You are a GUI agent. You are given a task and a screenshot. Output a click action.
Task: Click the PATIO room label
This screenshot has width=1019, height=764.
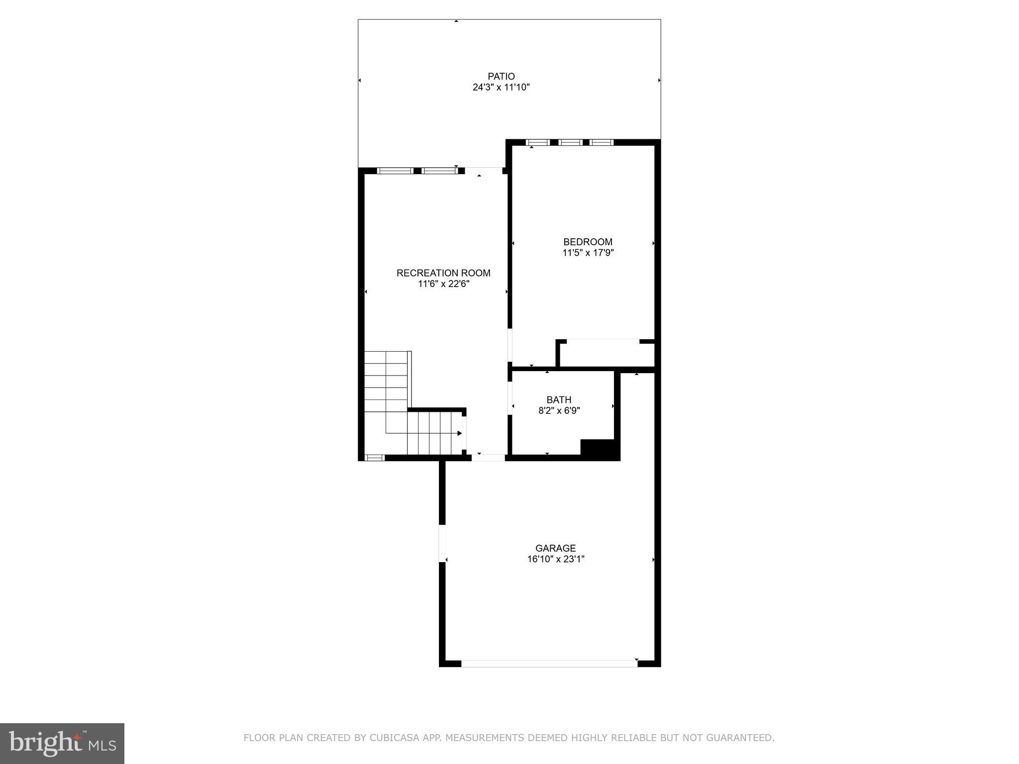click(501, 76)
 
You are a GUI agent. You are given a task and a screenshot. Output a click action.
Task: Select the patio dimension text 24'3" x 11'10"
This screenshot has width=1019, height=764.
click(501, 88)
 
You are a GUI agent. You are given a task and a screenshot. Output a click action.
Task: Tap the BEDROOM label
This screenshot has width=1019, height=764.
click(588, 242)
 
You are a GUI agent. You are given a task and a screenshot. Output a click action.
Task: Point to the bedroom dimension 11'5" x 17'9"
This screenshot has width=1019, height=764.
click(588, 253)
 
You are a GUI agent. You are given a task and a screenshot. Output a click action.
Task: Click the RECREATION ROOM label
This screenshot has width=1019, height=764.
click(443, 273)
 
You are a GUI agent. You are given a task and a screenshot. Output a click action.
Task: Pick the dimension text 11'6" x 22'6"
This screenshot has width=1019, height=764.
click(443, 284)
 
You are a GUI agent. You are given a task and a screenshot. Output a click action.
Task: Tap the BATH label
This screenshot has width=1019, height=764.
click(559, 400)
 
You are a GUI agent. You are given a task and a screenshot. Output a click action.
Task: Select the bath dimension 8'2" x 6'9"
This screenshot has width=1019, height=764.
click(559, 411)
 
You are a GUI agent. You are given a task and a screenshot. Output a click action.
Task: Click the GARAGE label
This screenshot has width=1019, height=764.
click(556, 548)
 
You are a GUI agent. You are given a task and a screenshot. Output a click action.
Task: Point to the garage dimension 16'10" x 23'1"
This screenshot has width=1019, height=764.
click(556, 559)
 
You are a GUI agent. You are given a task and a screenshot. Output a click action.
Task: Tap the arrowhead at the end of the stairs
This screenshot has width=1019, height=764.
click(459, 433)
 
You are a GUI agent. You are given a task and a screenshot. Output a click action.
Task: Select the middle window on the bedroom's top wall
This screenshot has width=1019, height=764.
click(570, 143)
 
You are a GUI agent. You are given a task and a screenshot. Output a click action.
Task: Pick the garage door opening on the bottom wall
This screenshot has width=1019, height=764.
click(549, 663)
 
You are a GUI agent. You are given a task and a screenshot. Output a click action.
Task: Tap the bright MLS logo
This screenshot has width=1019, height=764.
click(62, 743)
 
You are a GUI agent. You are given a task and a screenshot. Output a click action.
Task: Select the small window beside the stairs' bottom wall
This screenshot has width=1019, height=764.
click(375, 458)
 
